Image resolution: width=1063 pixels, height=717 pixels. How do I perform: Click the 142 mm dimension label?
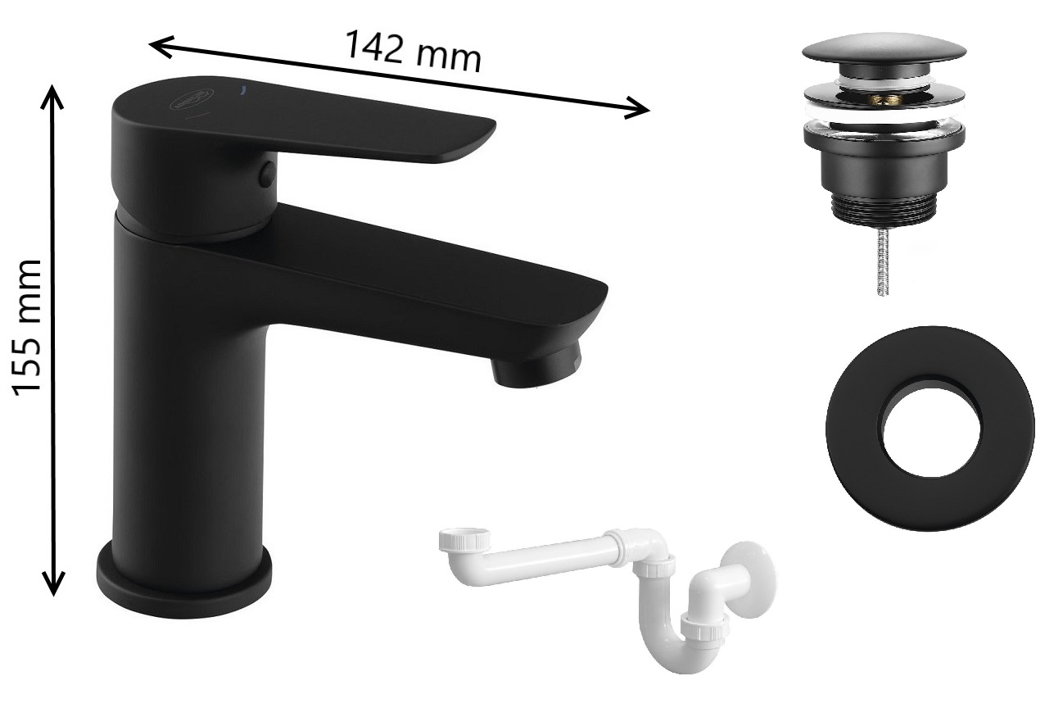413,52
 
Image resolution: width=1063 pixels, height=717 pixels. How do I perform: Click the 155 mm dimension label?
28,328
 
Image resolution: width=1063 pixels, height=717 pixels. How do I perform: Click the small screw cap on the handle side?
267,174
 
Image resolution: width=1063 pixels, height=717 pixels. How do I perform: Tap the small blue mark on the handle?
243,88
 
